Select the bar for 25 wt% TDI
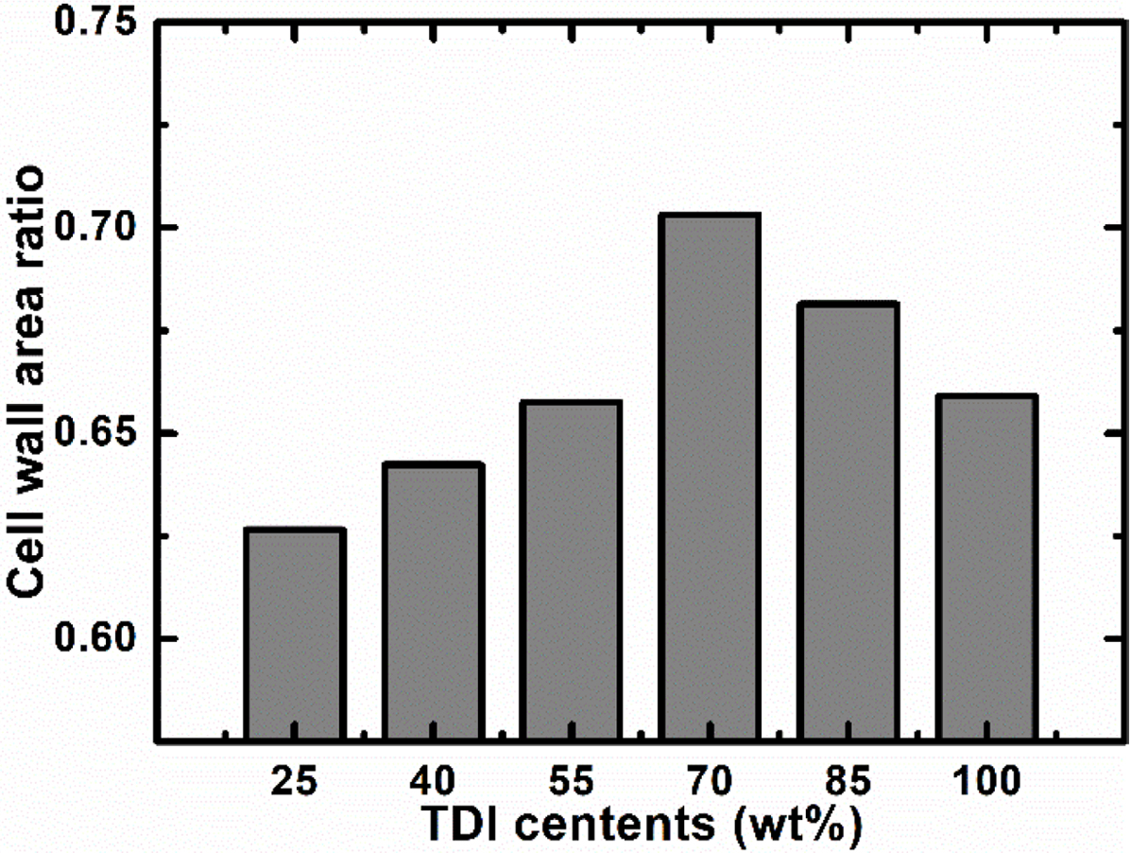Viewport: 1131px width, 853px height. point(295,634)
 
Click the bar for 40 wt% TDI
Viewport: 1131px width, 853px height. point(434,601)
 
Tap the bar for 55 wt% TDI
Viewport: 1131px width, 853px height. point(573,570)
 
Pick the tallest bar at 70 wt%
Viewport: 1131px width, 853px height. point(711,477)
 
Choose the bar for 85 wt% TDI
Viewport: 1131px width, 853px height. point(849,521)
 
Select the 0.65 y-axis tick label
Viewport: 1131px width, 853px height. point(94,434)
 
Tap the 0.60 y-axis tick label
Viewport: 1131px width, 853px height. point(94,639)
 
